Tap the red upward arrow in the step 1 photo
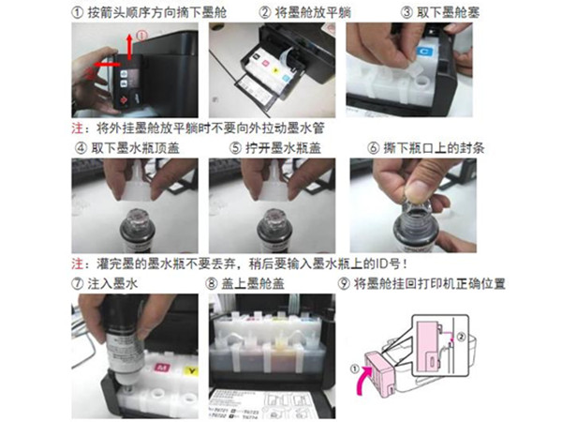tap(128, 46)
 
